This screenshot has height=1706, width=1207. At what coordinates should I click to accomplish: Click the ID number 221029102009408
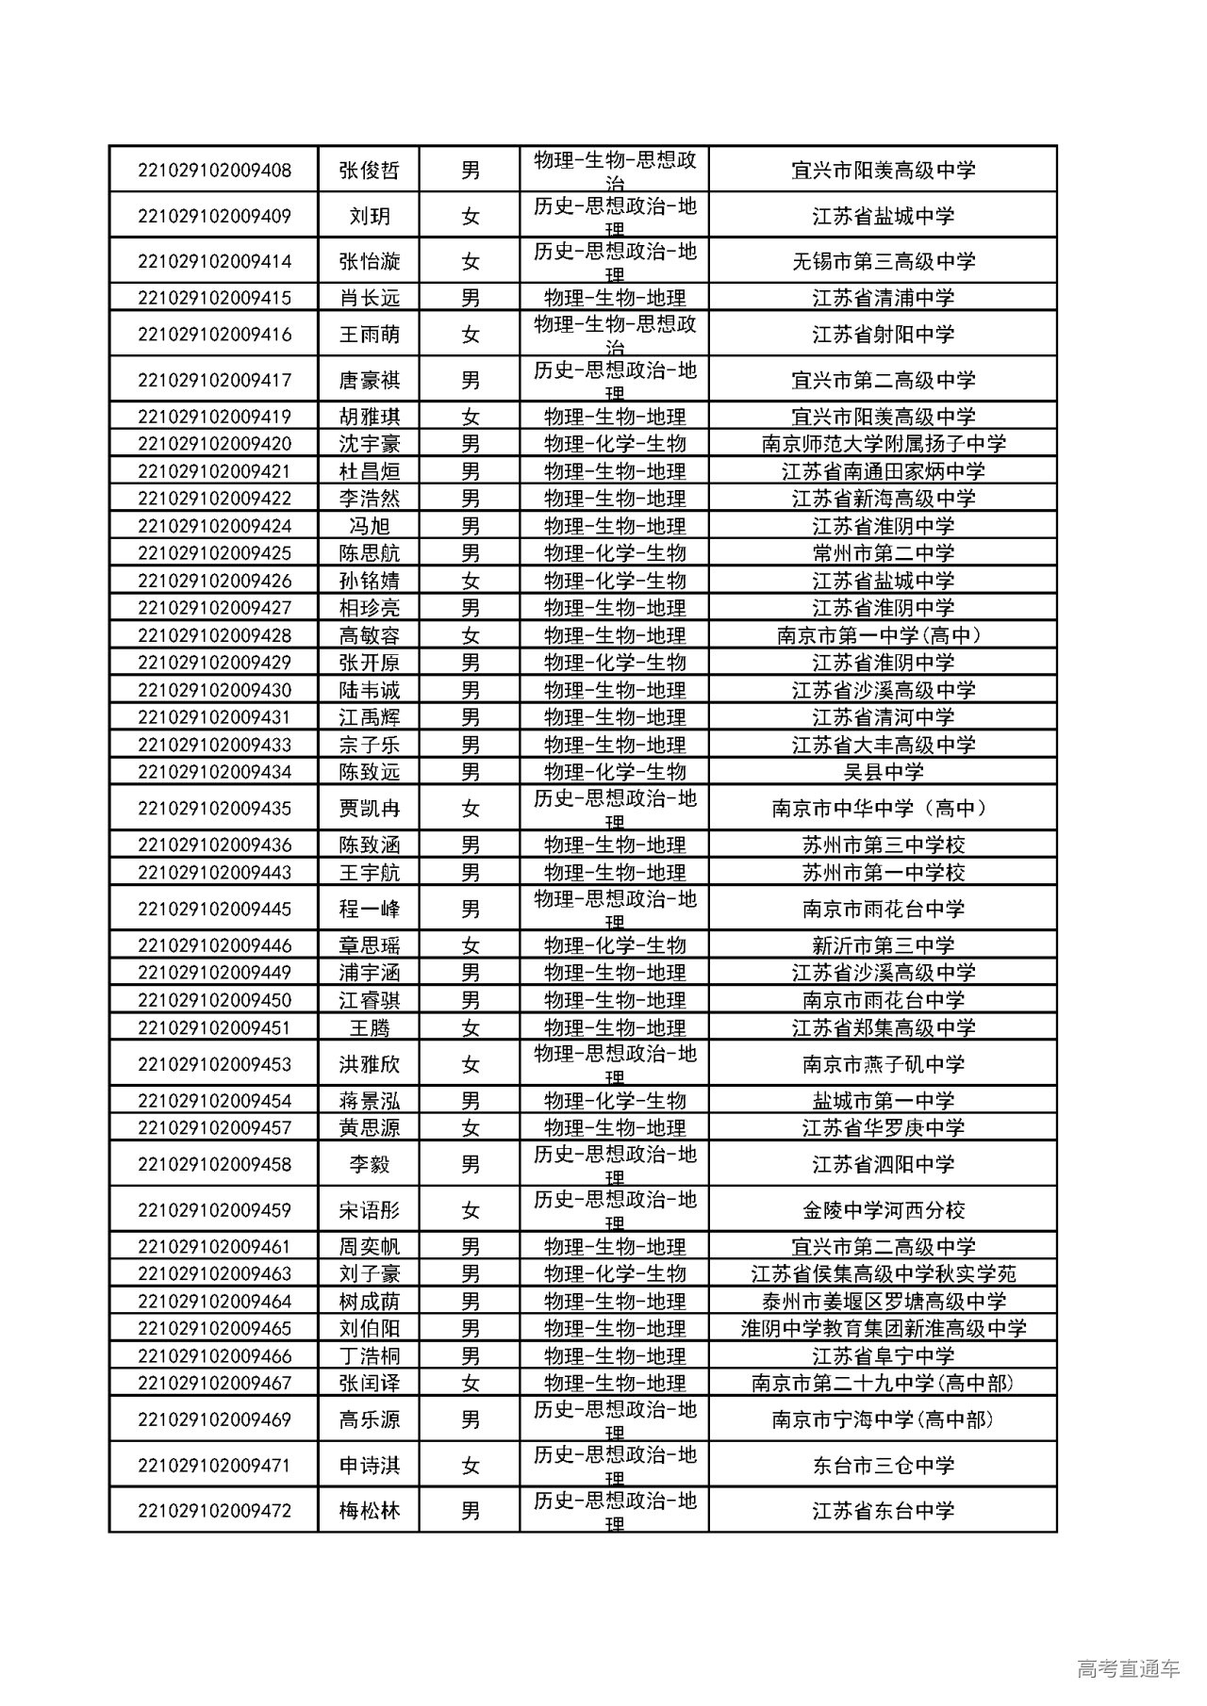[x=214, y=171]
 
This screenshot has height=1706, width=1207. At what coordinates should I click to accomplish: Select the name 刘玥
[x=370, y=217]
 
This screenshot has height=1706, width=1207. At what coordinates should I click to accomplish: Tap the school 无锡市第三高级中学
[x=883, y=262]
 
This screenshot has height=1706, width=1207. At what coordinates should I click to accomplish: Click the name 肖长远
[x=370, y=298]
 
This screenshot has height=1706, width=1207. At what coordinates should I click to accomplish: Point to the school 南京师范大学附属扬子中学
[x=883, y=444]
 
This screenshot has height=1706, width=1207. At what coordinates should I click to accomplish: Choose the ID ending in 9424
[x=214, y=526]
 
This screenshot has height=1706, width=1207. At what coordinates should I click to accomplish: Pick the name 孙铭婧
[x=370, y=581]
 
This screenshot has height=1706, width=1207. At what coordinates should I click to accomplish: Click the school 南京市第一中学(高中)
[x=883, y=635]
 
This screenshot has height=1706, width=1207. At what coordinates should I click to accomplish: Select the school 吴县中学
[x=883, y=772]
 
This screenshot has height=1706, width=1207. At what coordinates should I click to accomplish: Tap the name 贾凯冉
[x=370, y=809]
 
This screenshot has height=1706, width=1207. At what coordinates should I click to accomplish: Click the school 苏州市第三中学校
[x=883, y=845]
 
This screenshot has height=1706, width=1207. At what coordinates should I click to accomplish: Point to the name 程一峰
[x=370, y=910]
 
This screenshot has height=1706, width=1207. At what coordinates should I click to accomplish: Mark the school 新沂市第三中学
[x=883, y=945]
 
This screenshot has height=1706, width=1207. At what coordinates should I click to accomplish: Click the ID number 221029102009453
[x=214, y=1065]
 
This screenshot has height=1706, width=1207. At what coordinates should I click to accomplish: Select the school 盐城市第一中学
[x=883, y=1101]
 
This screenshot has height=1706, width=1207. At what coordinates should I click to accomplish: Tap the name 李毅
[x=370, y=1165]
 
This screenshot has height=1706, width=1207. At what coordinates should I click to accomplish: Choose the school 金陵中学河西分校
[x=883, y=1210]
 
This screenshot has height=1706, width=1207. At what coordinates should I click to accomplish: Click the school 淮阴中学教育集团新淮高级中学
[x=883, y=1329]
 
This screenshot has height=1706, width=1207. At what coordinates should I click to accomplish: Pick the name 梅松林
[x=370, y=1511]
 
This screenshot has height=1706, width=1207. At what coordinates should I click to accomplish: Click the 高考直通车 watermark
[x=1127, y=1669]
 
